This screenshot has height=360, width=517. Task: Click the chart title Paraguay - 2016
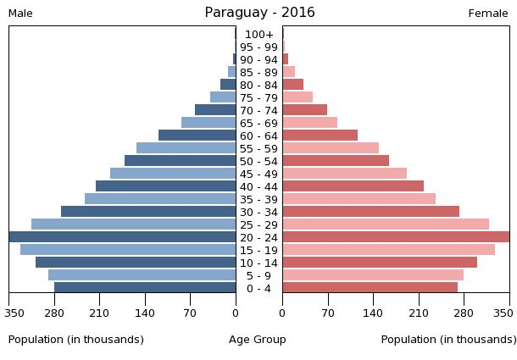click(x=259, y=13)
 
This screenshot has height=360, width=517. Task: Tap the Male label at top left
click(x=20, y=14)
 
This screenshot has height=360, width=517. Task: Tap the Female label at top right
click(x=487, y=14)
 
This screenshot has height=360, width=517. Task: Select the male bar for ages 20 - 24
click(x=123, y=237)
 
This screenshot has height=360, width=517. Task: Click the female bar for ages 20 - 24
click(x=396, y=237)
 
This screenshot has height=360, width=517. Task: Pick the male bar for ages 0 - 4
click(x=145, y=288)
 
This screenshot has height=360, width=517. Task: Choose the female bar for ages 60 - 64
click(x=320, y=136)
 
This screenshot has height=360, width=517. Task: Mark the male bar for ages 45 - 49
click(x=173, y=174)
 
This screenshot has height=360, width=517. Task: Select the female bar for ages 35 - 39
click(x=359, y=199)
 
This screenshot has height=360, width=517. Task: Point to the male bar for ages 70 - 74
click(x=215, y=110)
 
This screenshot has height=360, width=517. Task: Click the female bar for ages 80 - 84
click(x=292, y=85)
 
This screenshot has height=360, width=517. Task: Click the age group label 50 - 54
click(x=258, y=161)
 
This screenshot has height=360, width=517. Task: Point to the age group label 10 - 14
click(x=258, y=263)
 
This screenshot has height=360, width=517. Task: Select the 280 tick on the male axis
click(x=54, y=313)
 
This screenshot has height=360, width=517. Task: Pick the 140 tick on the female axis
click(x=373, y=313)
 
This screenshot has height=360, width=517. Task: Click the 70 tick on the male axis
click(x=190, y=313)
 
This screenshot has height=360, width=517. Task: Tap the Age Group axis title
click(x=258, y=340)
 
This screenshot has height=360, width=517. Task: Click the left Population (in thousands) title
click(x=76, y=340)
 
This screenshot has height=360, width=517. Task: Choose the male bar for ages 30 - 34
click(x=148, y=212)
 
